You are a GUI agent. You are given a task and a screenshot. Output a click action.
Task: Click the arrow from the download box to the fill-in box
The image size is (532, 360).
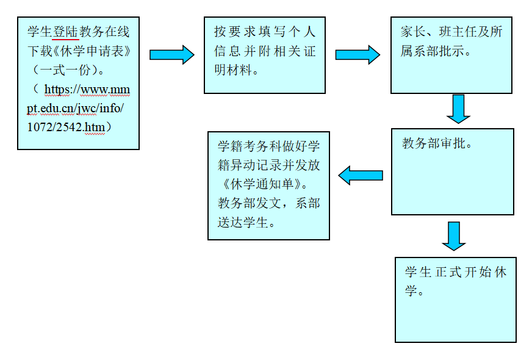[x=171, y=55]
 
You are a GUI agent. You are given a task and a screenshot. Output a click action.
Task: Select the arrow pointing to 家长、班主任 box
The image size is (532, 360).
[x=358, y=55]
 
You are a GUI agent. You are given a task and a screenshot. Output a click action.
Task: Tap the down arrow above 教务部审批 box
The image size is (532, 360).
[x=458, y=109]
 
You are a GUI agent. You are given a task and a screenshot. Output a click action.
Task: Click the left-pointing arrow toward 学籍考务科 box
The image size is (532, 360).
[x=361, y=176]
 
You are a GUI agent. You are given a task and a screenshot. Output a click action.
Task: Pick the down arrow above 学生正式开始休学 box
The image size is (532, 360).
[x=453, y=236]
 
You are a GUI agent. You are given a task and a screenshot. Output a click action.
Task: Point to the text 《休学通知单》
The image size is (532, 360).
[x=263, y=184]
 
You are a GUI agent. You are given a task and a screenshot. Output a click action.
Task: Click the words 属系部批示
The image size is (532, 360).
[x=435, y=51]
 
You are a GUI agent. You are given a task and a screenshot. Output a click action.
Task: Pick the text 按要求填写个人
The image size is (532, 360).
[x=265, y=32]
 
